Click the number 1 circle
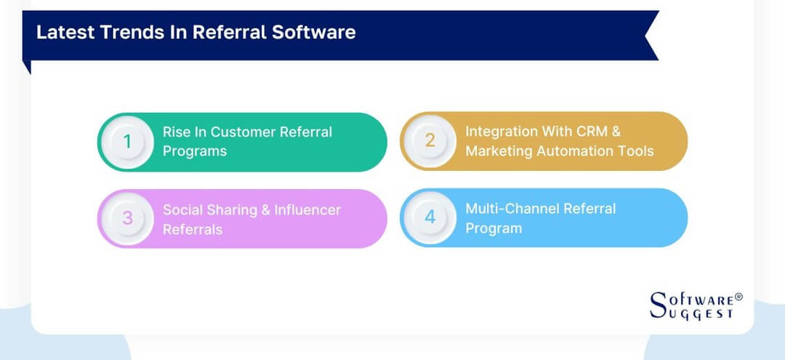(x=127, y=141)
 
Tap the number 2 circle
(x=430, y=140)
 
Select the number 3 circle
(x=127, y=218)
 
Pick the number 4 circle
(x=430, y=217)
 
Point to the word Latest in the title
(x=61, y=32)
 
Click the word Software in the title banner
(x=319, y=32)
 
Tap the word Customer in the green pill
(x=245, y=132)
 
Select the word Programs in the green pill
(x=195, y=151)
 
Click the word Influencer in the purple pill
(x=307, y=209)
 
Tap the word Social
(x=182, y=209)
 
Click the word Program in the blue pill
(x=494, y=228)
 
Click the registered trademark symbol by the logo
(x=738, y=297)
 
